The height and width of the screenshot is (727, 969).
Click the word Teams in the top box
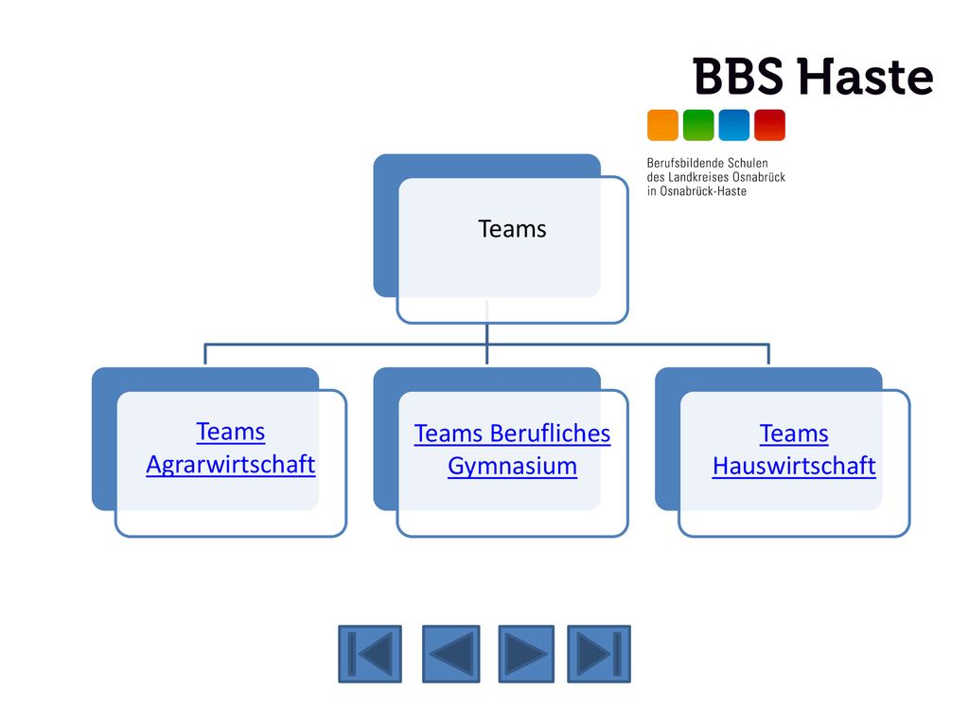512,229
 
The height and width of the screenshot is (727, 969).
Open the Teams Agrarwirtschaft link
231,448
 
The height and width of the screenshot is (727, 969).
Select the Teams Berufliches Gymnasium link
512,450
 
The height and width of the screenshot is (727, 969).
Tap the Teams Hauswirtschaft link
794,450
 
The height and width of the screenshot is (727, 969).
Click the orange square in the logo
662,125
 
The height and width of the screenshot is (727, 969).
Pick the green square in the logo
698,125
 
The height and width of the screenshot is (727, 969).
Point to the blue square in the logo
734,125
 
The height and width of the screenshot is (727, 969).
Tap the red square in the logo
770,125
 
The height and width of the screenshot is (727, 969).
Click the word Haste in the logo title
865,77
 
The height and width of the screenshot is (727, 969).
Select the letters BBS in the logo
738,77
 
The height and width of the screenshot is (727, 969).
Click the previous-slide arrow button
451,654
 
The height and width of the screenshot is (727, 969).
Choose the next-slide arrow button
526,654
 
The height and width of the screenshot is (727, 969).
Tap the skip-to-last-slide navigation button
599,654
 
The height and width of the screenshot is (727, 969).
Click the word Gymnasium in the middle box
512,466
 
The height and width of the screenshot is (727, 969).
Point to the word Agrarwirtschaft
231,465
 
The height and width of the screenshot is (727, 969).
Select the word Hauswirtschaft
794,466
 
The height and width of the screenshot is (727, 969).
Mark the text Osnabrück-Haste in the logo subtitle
703,191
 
